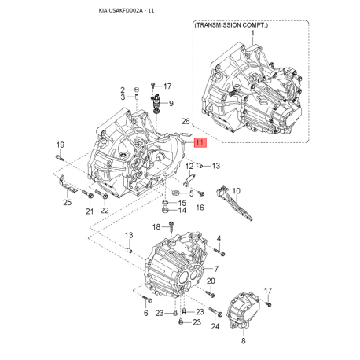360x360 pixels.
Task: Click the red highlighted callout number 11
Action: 200,143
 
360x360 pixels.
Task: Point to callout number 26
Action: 186,121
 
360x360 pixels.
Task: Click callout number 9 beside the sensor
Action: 171,103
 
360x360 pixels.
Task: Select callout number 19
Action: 60,145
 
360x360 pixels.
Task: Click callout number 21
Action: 89,211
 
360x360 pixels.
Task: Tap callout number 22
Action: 105,211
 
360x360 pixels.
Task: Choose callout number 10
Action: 236,190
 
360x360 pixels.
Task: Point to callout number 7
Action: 216,269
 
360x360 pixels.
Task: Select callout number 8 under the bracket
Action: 243,342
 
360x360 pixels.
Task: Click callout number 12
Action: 189,166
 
